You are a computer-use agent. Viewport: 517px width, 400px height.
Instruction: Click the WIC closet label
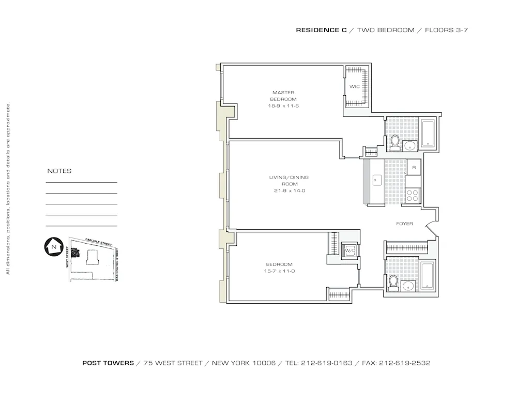pyautogui.click(x=354, y=86)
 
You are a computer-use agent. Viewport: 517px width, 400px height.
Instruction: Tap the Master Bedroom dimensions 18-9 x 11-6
pyautogui.click(x=283, y=106)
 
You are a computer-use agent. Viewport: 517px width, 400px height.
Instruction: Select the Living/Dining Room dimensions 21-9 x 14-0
pyautogui.click(x=288, y=190)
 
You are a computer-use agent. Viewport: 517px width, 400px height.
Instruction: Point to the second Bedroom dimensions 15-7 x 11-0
pyautogui.click(x=280, y=271)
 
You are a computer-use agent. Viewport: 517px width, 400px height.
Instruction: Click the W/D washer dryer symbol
pyautogui.click(x=350, y=251)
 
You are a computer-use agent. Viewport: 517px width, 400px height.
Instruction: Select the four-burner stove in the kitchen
pyautogui.click(x=413, y=195)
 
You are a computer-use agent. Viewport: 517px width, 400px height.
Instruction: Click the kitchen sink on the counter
pyautogui.click(x=377, y=179)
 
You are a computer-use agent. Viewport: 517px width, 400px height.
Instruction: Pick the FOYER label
pyautogui.click(x=404, y=224)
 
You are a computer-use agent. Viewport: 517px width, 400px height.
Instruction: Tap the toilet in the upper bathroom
pyautogui.click(x=395, y=143)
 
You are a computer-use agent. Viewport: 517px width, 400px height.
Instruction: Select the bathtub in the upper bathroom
pyautogui.click(x=429, y=134)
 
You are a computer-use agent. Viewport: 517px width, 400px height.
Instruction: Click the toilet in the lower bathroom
pyautogui.click(x=393, y=283)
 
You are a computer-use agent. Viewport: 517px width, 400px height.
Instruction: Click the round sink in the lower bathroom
pyautogui.click(x=410, y=286)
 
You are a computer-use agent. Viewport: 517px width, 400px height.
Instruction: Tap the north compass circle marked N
pyautogui.click(x=53, y=247)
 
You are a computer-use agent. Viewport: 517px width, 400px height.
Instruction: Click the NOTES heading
pyautogui.click(x=59, y=171)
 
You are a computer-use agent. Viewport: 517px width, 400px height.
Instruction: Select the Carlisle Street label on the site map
pyautogui.click(x=98, y=243)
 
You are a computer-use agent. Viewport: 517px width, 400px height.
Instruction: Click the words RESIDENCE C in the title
pyautogui.click(x=321, y=30)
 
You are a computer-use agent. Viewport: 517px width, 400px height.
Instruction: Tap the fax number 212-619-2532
pyautogui.click(x=404, y=363)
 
